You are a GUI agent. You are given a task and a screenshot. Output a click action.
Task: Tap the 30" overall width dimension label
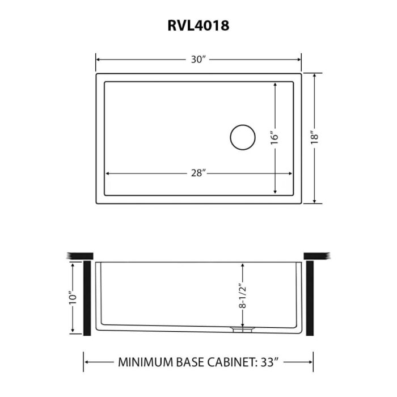tap(198, 60)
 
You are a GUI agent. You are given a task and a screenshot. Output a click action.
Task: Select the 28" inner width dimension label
tap(198, 174)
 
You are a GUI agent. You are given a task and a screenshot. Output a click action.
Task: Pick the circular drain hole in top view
tap(243, 137)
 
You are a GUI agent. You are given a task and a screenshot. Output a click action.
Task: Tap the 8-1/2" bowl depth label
tap(242, 295)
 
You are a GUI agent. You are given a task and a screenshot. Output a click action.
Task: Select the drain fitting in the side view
tap(243, 328)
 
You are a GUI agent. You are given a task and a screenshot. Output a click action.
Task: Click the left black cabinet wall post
tap(88, 298)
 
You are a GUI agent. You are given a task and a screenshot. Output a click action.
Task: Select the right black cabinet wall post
tap(310, 298)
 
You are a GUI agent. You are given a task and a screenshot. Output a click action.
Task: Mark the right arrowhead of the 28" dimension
tap(291, 174)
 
